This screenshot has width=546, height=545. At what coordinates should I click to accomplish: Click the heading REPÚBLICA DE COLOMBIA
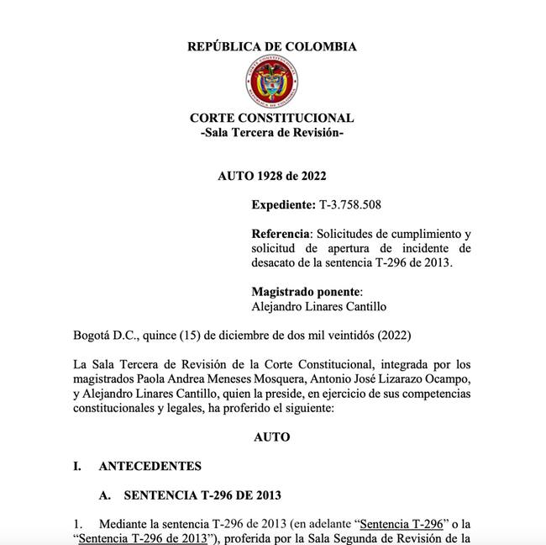271,47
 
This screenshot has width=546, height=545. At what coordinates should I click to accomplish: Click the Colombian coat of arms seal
271,83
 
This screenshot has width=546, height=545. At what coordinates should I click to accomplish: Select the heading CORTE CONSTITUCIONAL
271,119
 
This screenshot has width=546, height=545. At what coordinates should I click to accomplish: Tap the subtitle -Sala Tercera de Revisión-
271,134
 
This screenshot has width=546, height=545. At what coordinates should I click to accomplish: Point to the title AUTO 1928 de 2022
271,176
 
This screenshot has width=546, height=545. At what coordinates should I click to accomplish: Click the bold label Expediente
283,204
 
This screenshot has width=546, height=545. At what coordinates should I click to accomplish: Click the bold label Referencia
281,233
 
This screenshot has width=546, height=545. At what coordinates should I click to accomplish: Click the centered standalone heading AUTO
271,437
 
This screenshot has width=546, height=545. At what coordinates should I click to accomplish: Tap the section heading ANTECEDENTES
150,466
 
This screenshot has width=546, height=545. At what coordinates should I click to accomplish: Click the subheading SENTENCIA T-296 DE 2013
202,495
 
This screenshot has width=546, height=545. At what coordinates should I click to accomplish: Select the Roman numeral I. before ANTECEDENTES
77,466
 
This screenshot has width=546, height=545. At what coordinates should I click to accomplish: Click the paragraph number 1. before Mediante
79,524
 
